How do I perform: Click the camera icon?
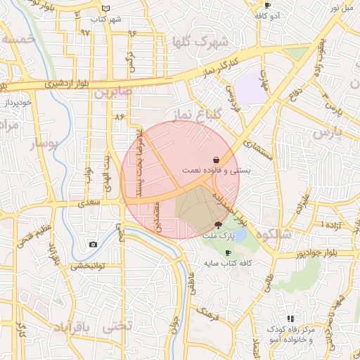(94, 244)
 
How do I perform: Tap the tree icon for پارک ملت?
(218, 225)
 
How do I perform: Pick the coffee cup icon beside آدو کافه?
(267, 6)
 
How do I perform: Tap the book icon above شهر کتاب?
(106, 8)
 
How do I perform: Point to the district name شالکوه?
(275, 234)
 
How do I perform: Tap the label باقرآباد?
(72, 328)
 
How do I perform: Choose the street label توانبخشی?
(87, 266)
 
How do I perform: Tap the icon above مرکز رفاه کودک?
(290, 319)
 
